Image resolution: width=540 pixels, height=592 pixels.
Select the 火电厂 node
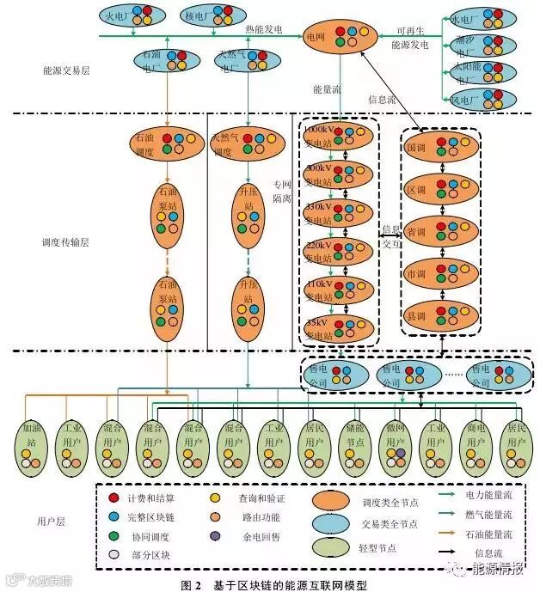point(131,16)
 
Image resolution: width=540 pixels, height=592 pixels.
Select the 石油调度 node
point(168,143)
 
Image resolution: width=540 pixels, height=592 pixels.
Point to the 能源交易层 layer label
point(65,70)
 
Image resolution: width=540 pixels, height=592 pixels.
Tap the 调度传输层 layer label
point(65,242)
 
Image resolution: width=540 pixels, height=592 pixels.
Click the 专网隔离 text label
point(283,191)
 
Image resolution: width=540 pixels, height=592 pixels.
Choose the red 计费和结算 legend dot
point(113,497)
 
